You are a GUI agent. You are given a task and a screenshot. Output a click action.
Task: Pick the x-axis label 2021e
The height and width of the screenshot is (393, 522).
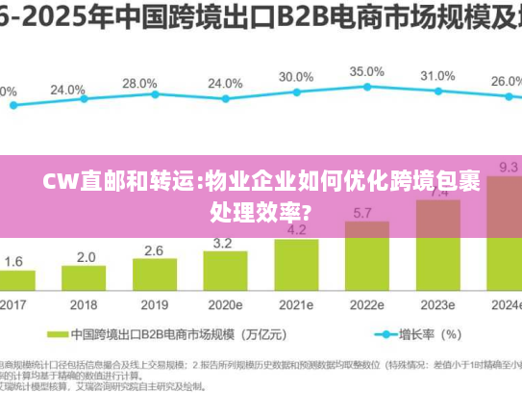pyautogui.click(x=297, y=306)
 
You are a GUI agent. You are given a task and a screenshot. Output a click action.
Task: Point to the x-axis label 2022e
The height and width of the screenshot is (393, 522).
pyautogui.click(x=366, y=306)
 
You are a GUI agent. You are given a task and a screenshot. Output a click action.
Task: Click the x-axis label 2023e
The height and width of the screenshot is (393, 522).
pyautogui.click(x=437, y=306)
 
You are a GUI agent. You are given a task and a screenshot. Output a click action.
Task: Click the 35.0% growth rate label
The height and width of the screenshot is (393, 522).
pyautogui.click(x=366, y=71)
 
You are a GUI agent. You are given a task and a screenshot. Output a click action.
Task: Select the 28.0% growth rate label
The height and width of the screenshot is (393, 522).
pyautogui.click(x=139, y=83)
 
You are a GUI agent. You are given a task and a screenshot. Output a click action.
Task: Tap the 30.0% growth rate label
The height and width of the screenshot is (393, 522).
pyautogui.click(x=295, y=76)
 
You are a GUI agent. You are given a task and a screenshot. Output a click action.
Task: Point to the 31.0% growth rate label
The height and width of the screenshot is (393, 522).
pyautogui.click(x=437, y=75)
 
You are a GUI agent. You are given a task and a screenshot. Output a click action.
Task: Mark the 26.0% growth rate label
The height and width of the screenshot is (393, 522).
pyautogui.click(x=505, y=82)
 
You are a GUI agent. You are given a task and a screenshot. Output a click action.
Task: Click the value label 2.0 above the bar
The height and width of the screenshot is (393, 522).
pyautogui.click(x=86, y=257)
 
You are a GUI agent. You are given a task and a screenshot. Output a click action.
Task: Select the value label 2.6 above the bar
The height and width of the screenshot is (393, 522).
pyautogui.click(x=154, y=250)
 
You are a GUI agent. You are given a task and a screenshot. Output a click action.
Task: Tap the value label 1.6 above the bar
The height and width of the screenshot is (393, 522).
pyautogui.click(x=14, y=261)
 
